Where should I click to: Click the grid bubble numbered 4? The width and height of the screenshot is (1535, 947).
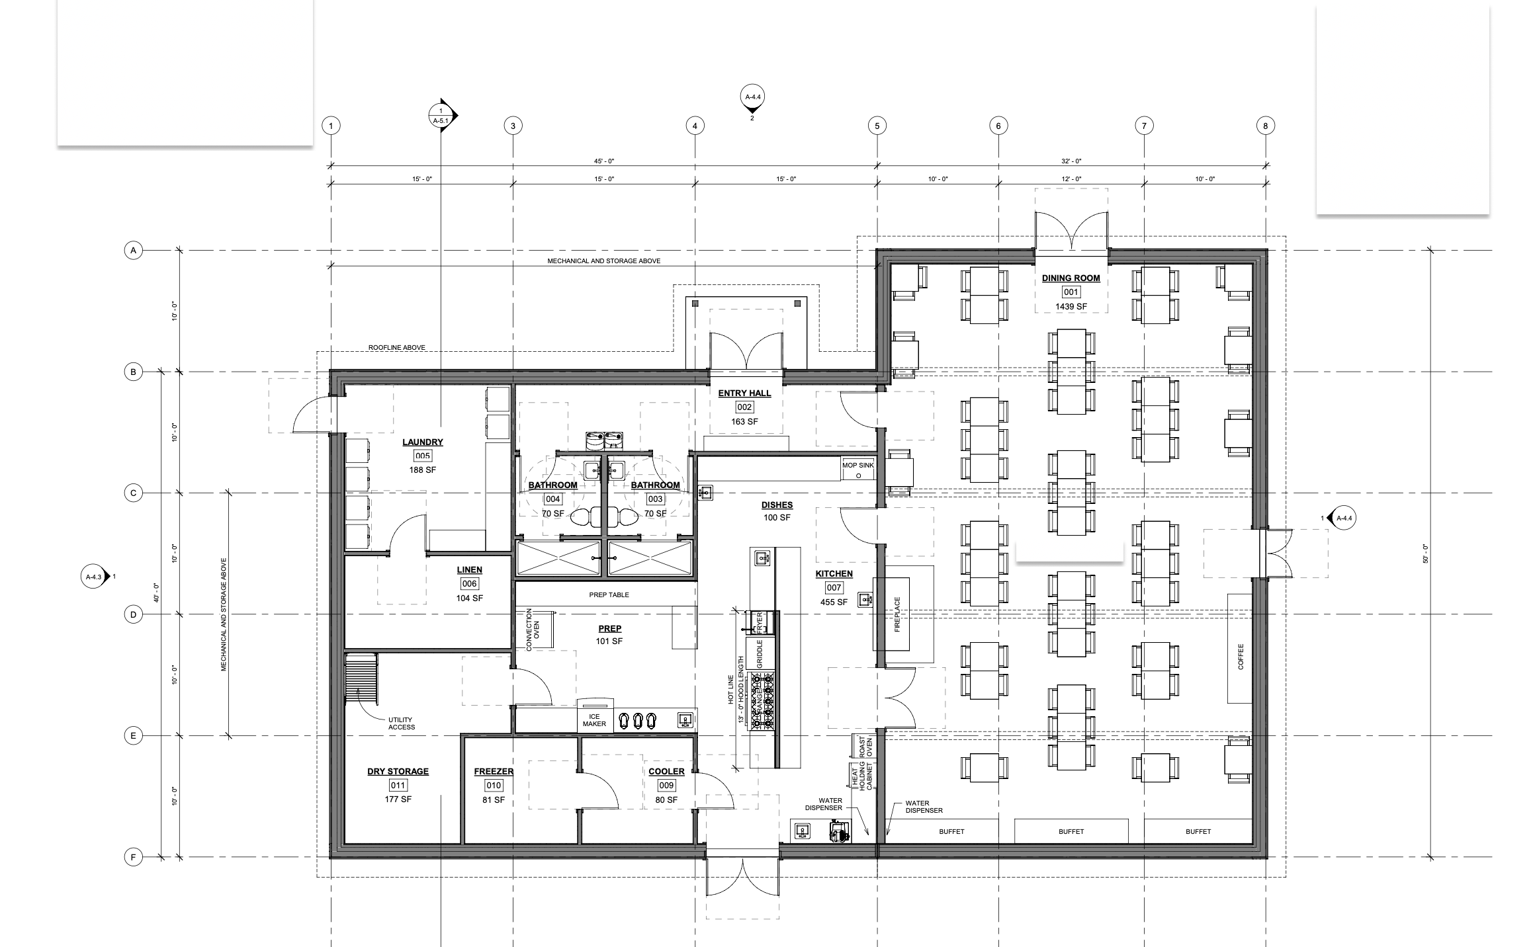[695, 126]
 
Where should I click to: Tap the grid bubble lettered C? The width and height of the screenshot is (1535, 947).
[133, 493]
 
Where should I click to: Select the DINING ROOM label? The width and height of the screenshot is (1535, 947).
[1071, 278]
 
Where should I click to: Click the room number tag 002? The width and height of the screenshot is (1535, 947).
[744, 407]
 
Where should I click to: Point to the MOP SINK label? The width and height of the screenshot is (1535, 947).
[858, 466]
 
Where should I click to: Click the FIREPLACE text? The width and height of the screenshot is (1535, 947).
[898, 615]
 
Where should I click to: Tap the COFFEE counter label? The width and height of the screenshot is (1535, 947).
[1241, 657]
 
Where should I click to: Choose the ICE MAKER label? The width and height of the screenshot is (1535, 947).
[594, 720]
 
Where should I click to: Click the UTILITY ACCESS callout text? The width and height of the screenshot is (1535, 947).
[402, 723]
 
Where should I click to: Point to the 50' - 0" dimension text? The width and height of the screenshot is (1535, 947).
[1426, 554]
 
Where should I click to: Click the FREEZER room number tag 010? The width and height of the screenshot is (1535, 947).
[494, 786]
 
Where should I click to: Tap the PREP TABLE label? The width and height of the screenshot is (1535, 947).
[609, 595]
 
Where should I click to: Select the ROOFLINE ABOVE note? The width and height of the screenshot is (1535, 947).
[397, 348]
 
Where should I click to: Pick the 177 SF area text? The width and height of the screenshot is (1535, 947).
[398, 800]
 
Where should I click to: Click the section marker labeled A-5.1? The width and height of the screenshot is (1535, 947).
[442, 116]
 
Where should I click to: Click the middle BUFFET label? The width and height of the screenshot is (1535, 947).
[1071, 832]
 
